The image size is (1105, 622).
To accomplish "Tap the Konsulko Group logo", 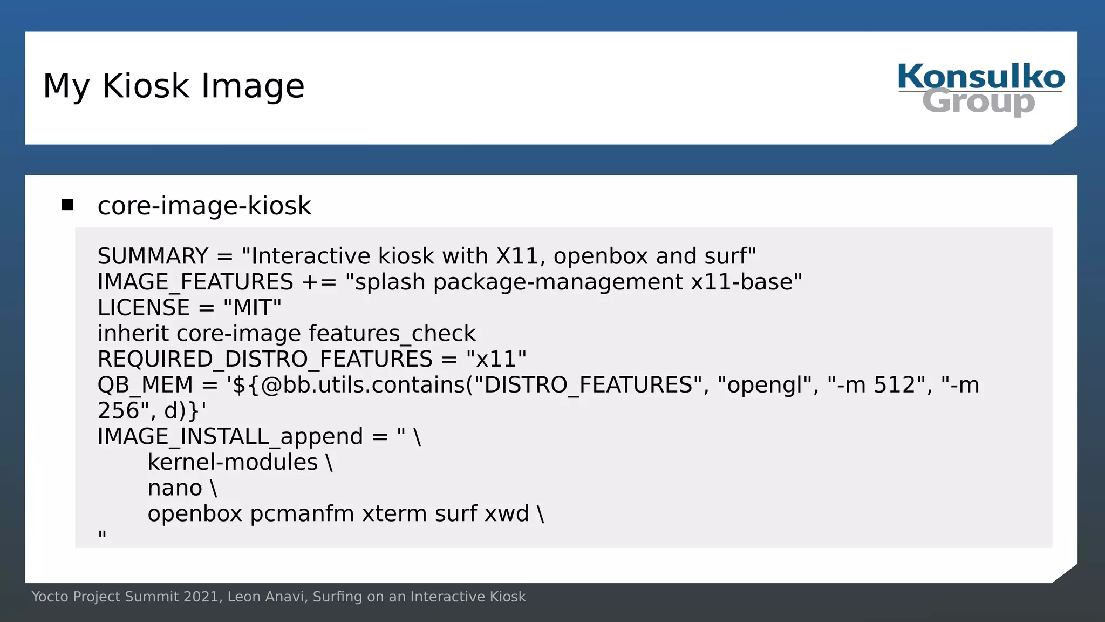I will (x=980, y=89).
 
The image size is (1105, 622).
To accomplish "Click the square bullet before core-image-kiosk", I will (x=67, y=205).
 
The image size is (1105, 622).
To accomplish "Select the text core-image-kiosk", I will (x=204, y=206).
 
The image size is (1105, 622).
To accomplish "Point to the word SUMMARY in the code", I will (x=153, y=256).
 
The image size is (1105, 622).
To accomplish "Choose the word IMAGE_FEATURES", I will (x=195, y=282).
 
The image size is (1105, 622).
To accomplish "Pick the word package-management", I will (x=558, y=282).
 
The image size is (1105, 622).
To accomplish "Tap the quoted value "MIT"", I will (x=252, y=308).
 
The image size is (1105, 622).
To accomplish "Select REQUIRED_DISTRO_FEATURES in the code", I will (x=265, y=359).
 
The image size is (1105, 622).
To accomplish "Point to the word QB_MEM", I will (x=145, y=385).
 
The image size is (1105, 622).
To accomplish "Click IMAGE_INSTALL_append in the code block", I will (x=230, y=436).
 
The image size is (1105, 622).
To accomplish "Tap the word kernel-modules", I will (x=233, y=462).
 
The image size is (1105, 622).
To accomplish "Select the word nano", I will (x=175, y=488).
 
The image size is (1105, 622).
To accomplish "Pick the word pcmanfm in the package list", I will (x=302, y=513).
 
